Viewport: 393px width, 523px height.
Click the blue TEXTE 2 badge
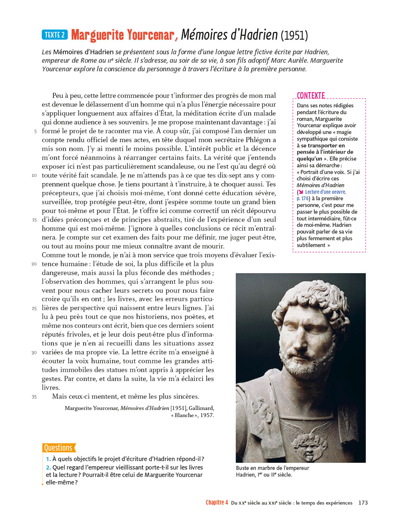[55, 35]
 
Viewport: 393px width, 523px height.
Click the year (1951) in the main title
[294, 36]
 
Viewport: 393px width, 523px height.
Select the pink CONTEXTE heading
[311, 96]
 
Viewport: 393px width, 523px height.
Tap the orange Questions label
[58, 448]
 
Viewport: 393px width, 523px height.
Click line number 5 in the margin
[35, 131]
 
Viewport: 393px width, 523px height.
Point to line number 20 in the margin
[34, 264]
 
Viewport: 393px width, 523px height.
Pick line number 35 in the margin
[34, 397]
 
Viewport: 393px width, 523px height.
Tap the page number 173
[363, 503]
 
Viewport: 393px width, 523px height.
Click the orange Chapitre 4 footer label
[217, 502]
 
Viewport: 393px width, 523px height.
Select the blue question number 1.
[48, 459]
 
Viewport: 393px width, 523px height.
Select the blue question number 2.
[48, 468]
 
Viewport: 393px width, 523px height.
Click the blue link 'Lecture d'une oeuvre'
[325, 192]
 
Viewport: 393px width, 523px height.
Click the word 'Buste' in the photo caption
[243, 468]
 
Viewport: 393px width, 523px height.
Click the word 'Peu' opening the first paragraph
[57, 96]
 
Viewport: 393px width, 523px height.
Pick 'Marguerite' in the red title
[98, 35]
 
